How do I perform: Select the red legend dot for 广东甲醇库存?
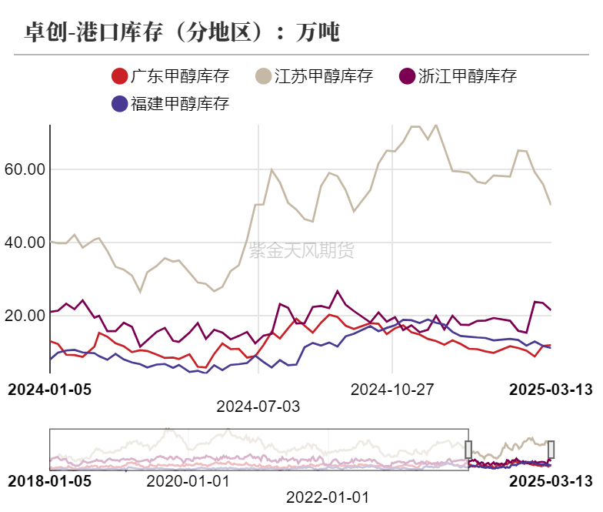click(x=120, y=76)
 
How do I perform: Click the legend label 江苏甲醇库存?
click(x=323, y=76)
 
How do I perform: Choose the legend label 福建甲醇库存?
click(x=180, y=103)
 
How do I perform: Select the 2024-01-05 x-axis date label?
click(x=49, y=389)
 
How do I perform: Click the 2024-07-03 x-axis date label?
click(x=258, y=406)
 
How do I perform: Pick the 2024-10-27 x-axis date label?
click(x=392, y=389)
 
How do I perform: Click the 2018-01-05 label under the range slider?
click(x=49, y=480)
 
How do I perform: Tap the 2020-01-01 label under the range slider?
click(x=188, y=480)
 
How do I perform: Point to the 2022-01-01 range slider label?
click(x=328, y=497)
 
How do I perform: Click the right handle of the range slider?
click(x=551, y=449)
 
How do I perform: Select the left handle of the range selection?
click(x=468, y=449)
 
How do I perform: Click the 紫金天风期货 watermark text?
click(x=301, y=249)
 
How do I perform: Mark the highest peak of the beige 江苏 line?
click(x=436, y=125)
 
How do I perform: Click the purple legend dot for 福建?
click(x=120, y=103)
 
